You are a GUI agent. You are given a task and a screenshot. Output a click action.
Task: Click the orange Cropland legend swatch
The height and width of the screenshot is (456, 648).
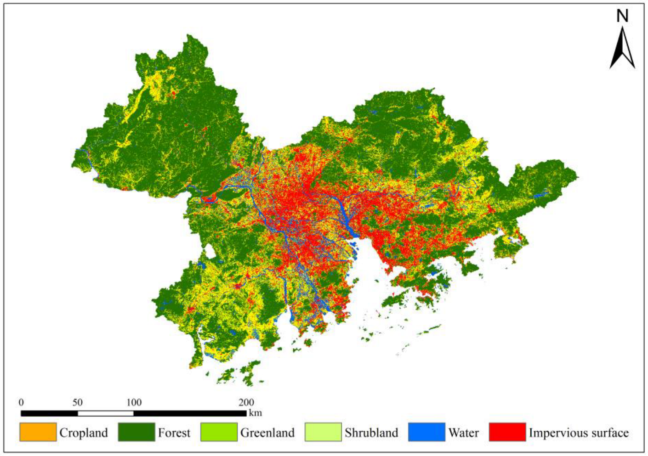[38, 432]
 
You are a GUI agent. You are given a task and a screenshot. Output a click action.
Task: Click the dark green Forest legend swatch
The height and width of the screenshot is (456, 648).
[136, 432]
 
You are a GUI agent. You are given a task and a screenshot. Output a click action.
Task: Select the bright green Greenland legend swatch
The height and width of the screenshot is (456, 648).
[219, 432]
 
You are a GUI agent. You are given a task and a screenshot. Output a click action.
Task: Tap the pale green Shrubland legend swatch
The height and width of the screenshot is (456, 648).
[323, 432]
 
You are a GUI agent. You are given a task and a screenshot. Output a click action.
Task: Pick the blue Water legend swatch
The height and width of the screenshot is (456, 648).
[426, 432]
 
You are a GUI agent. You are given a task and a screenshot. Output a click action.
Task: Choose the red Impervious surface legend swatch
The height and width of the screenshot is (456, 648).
[507, 432]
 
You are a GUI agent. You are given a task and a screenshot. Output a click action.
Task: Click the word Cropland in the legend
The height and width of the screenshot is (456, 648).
[84, 433]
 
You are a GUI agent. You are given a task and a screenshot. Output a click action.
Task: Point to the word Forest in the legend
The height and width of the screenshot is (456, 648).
[174, 433]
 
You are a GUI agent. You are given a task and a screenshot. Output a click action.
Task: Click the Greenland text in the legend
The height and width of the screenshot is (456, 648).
[267, 433]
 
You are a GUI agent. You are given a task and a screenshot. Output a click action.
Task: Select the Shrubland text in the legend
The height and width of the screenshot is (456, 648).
[371, 433]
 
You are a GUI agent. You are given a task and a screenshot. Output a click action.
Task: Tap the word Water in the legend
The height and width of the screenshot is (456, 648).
[463, 433]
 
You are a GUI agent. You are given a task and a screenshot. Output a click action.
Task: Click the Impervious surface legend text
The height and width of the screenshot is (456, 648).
[579, 433]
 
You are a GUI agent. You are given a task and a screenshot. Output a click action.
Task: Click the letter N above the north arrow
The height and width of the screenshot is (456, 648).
[622, 17]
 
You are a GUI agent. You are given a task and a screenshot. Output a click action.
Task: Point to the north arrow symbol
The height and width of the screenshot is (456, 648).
[622, 48]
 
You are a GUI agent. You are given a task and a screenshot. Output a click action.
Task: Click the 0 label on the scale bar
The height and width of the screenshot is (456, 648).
[21, 403]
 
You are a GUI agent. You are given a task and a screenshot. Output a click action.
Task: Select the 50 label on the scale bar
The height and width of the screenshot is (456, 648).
[77, 403]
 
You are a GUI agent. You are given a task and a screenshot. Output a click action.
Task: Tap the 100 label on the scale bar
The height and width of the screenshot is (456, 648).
[134, 403]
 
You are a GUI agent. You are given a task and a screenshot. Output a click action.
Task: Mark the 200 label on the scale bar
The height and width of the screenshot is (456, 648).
[246, 403]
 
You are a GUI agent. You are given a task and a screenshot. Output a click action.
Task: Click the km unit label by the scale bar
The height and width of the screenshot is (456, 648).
[256, 413]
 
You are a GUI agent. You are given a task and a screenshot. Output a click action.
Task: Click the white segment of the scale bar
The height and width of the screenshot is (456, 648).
[105, 413]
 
